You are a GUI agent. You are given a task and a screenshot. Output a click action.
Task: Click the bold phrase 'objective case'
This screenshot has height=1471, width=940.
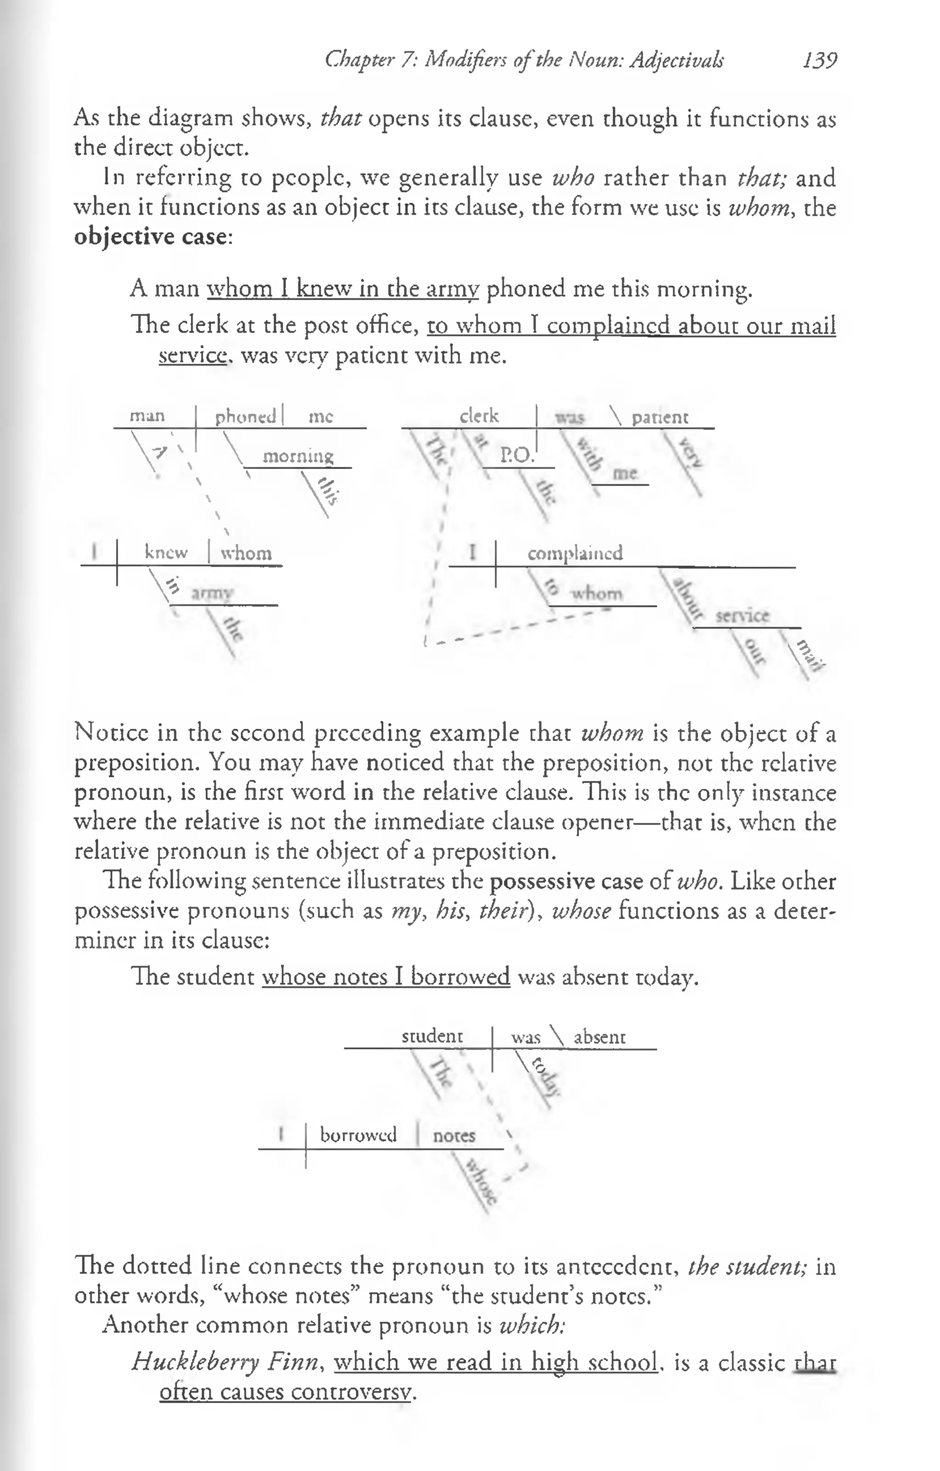coord(151,236)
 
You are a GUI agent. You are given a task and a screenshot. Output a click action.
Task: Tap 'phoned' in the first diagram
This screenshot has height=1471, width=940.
coord(245,417)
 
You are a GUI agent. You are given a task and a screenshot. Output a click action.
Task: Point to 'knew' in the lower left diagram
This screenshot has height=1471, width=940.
coord(166,552)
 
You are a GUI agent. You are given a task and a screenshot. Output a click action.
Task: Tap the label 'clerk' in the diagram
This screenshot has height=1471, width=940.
coord(479,416)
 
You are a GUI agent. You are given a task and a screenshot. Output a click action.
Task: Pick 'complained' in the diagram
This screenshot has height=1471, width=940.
coord(575,553)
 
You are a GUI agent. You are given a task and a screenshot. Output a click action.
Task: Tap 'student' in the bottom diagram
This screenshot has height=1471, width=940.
coord(432,1036)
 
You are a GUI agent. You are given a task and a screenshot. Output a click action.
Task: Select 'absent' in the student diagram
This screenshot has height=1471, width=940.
coord(599,1037)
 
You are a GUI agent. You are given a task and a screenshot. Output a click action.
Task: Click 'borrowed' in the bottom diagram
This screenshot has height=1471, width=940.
coord(358,1135)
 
